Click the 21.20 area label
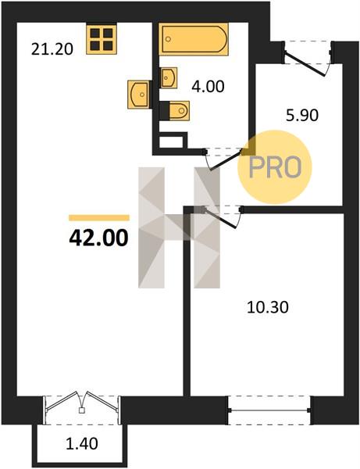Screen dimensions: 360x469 [52, 49]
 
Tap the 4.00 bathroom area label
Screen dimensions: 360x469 [208, 87]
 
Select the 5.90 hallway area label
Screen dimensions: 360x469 [302, 116]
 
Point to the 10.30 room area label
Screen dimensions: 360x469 [268, 307]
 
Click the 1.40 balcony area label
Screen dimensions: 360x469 [81, 443]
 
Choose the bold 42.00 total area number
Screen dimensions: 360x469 [98, 238]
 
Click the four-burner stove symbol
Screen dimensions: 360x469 [102, 40]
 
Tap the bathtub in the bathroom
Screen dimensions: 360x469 [194, 39]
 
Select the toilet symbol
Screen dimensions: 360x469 [179, 111]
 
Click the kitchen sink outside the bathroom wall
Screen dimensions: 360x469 [138, 95]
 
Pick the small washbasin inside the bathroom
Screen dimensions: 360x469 [169, 77]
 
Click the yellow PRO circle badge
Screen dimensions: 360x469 [275, 167]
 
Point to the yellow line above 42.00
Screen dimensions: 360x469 [99, 218]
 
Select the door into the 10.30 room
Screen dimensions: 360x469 [222, 217]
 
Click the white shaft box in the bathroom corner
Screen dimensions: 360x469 [171, 142]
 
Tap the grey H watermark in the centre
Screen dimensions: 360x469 [180, 227]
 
